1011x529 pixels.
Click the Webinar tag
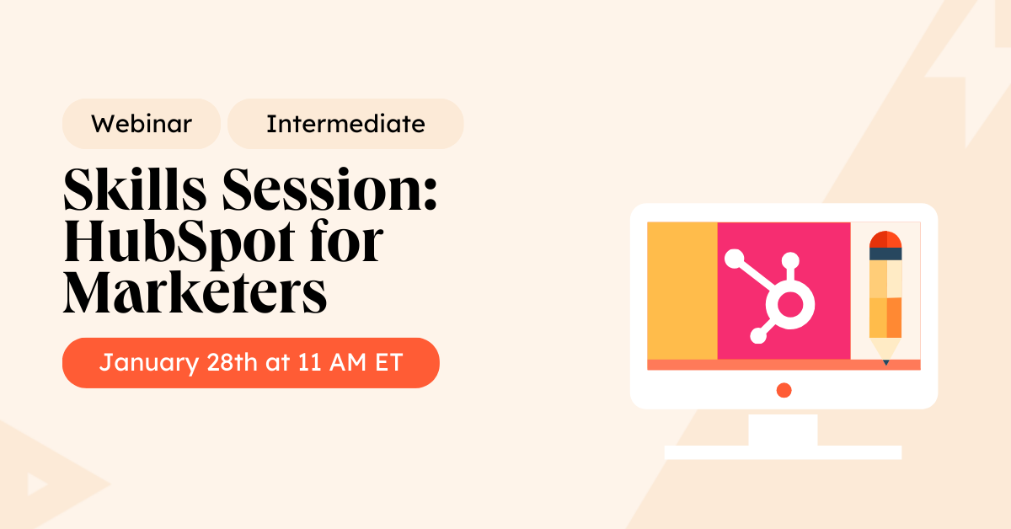point(142,125)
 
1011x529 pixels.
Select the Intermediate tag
point(345,125)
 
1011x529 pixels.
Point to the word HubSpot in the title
point(185,242)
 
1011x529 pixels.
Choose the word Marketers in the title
point(195,292)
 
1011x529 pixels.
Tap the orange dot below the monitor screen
point(784,389)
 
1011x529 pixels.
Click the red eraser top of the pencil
point(885,238)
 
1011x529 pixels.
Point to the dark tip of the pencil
point(885,362)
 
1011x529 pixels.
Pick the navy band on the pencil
point(885,254)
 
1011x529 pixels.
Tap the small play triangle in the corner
point(35,484)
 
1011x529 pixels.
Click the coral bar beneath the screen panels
point(784,365)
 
